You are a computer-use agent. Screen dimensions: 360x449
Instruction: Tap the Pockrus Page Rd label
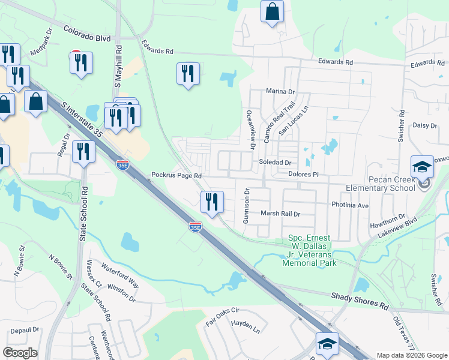point(176,175)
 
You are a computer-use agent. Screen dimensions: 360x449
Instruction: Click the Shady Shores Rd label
point(360,301)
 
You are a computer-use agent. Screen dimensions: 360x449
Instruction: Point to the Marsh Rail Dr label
point(280,213)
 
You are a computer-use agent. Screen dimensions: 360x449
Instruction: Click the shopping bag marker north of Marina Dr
point(272,11)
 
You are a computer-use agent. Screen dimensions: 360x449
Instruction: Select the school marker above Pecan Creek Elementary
point(422,167)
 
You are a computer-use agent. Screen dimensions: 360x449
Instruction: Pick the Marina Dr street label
point(282,92)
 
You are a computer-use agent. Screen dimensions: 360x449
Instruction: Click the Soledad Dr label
point(275,163)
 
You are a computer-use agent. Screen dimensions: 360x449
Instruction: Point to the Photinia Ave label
point(351,205)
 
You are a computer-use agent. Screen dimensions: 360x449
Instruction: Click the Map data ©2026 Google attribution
point(412,355)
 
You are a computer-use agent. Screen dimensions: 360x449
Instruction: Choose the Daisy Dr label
point(425,125)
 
